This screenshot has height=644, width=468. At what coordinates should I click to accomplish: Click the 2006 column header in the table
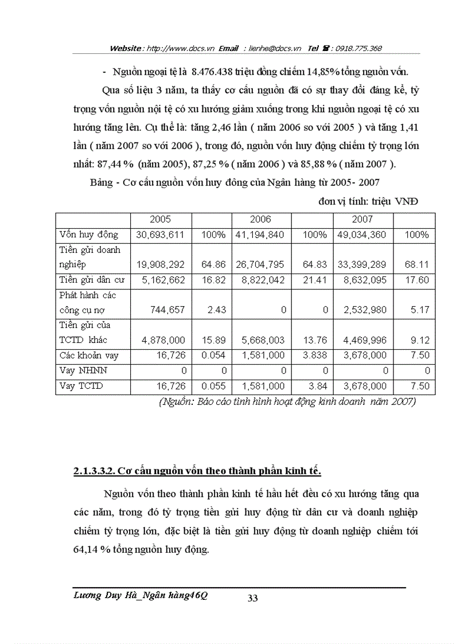point(260,219)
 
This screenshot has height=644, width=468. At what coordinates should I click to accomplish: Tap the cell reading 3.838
point(315,356)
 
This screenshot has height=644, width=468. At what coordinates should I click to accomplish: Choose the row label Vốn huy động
point(88,235)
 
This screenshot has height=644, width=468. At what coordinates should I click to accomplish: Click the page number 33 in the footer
point(252,598)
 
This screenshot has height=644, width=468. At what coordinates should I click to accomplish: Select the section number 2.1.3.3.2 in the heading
point(95,471)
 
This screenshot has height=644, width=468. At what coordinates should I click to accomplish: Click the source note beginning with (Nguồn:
point(287,402)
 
